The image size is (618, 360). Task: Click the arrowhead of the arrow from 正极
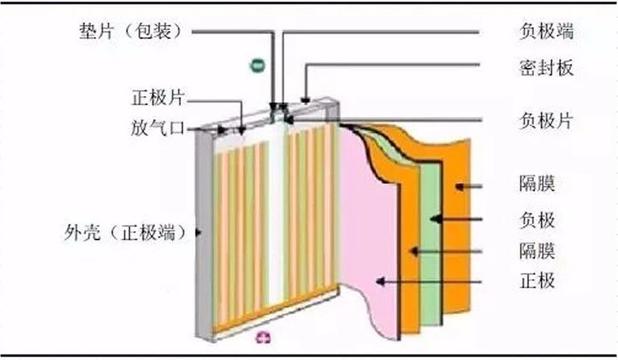pos(374,283)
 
